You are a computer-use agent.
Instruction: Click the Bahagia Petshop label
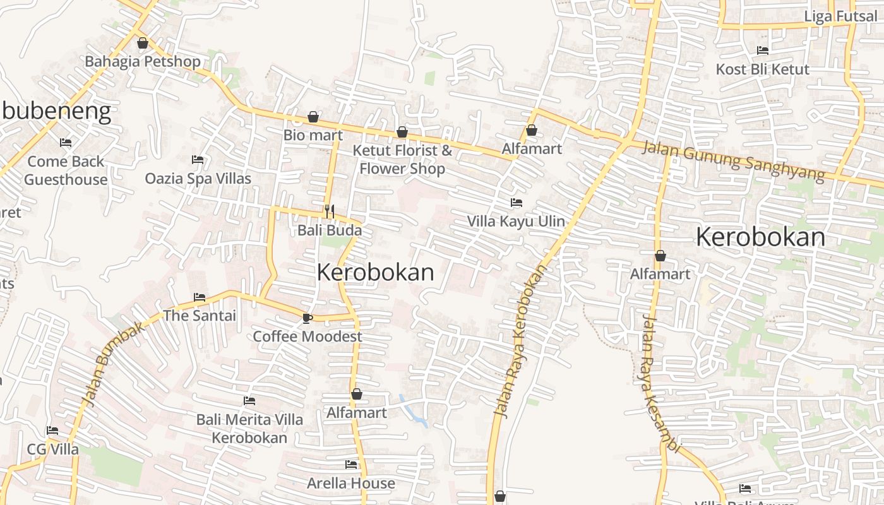[143, 61]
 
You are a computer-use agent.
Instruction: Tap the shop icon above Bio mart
[313, 117]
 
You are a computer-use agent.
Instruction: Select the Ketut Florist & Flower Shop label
[402, 160]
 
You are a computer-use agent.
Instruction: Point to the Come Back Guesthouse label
[66, 170]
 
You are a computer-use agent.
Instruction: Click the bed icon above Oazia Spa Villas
[198, 160]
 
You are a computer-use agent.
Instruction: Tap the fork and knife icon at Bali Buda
[329, 211]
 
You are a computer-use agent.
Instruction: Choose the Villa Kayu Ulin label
[516, 222]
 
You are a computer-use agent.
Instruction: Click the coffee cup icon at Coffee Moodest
[308, 318]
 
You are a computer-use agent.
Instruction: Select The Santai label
[200, 316]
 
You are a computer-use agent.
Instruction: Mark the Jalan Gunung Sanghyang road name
[733, 161]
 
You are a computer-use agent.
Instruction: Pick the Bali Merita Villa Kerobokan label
[249, 429]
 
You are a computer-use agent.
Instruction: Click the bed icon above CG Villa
[52, 431]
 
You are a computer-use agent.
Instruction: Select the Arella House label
[351, 484]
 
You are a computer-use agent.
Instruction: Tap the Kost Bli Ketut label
[762, 69]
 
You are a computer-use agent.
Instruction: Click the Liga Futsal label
[841, 16]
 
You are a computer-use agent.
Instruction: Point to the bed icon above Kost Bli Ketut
[763, 50]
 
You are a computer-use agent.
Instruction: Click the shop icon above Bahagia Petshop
[143, 43]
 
